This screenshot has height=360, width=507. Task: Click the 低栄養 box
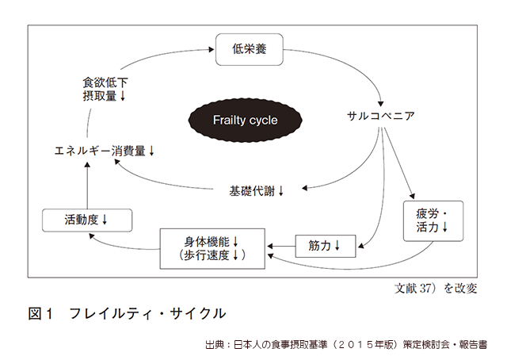point(250,49)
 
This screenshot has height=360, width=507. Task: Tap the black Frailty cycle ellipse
point(245,120)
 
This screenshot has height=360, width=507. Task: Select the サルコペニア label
point(380,116)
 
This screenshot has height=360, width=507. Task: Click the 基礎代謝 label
point(252,191)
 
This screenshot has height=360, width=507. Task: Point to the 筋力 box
point(326,246)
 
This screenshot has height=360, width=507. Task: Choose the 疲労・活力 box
point(433,221)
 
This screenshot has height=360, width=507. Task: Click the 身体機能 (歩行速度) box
point(212,249)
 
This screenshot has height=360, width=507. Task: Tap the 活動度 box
point(87,220)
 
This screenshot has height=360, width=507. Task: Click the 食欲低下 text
point(105,82)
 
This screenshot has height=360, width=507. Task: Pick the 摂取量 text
point(100,96)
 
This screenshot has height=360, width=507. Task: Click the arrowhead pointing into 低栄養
point(212,49)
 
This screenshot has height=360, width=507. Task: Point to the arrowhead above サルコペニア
point(380,104)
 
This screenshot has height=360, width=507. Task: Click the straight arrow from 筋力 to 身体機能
point(281,247)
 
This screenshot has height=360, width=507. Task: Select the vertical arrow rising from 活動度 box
point(87,186)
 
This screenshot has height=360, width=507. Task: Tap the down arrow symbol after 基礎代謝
point(280,191)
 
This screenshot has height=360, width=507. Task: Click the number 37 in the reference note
point(425,288)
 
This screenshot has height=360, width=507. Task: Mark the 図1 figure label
point(40,313)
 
